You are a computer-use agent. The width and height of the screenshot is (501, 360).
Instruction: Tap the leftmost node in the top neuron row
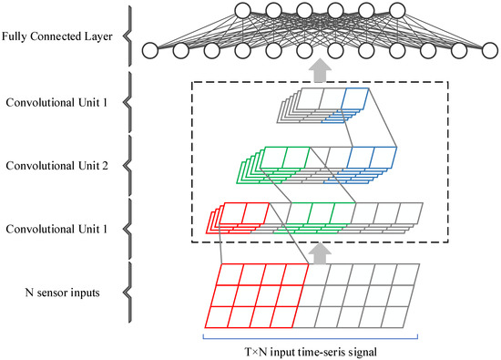point(216,12)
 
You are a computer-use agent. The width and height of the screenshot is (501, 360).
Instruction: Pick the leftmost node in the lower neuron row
point(151,50)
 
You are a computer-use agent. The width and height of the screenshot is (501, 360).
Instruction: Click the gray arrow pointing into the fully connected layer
point(318,69)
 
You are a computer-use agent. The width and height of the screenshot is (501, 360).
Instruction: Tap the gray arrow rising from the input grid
point(318,251)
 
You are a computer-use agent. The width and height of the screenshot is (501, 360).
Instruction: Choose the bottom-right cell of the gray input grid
point(398,315)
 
